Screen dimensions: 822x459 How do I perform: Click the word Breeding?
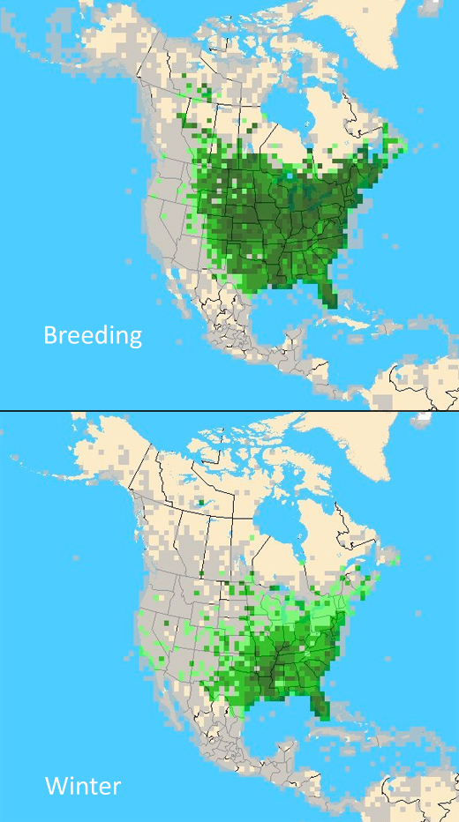pyautogui.click(x=93, y=336)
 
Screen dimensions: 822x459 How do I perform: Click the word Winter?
pyautogui.click(x=83, y=786)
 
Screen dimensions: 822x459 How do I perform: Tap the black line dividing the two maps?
pyautogui.click(x=229, y=411)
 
